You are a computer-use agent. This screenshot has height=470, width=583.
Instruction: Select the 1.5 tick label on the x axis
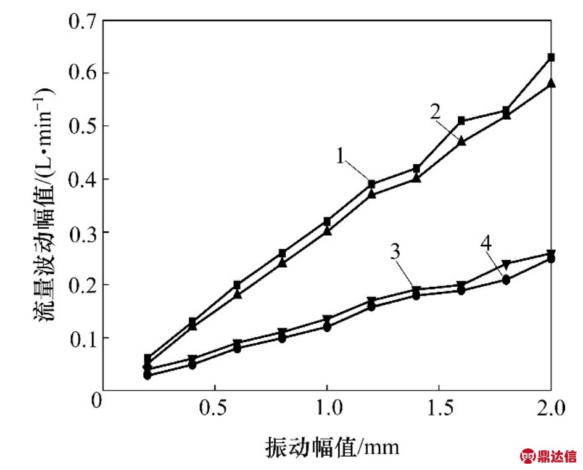pos(438,409)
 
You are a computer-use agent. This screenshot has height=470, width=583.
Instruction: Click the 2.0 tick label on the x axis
pos(549,409)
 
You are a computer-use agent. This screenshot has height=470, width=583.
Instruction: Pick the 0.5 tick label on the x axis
pos(213,409)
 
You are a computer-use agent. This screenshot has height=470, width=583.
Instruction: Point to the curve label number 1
pos(341,156)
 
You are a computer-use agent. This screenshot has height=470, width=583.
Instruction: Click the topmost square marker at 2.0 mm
pos(551,57)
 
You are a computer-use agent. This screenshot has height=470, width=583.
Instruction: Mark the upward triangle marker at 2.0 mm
pos(551,83)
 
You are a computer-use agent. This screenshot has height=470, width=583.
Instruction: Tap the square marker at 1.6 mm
pos(461,121)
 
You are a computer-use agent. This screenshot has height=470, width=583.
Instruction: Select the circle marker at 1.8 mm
pos(506,280)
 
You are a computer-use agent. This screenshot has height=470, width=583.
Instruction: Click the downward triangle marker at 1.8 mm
pos(506,265)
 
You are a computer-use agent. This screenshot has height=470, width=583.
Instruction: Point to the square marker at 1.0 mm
pos(327,221)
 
